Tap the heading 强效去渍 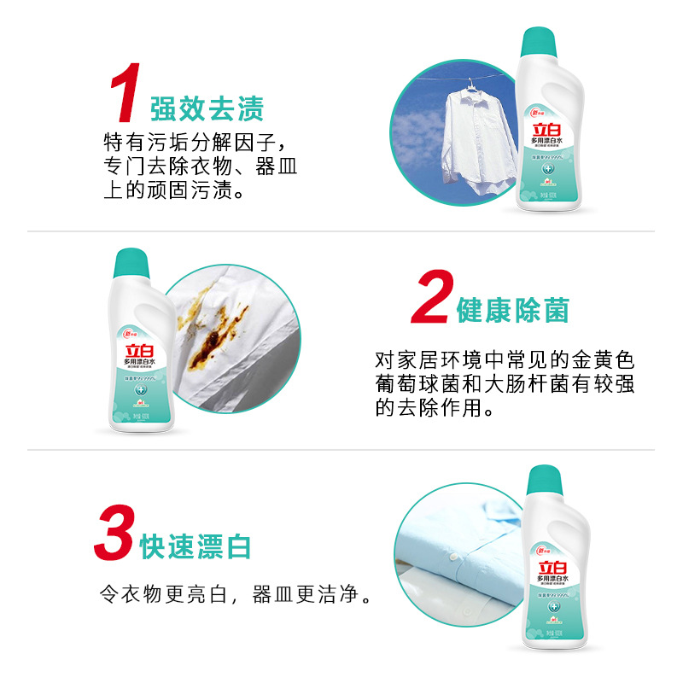coord(207,109)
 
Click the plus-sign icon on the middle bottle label coord(137,390)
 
